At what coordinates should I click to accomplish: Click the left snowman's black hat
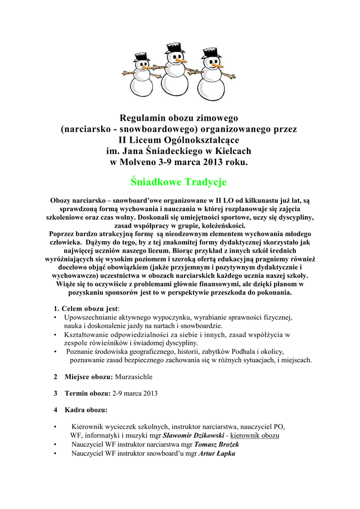(142, 58)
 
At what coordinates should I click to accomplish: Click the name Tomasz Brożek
(219, 444)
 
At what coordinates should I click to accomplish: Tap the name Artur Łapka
(217, 453)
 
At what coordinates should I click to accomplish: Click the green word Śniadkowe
(151, 182)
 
